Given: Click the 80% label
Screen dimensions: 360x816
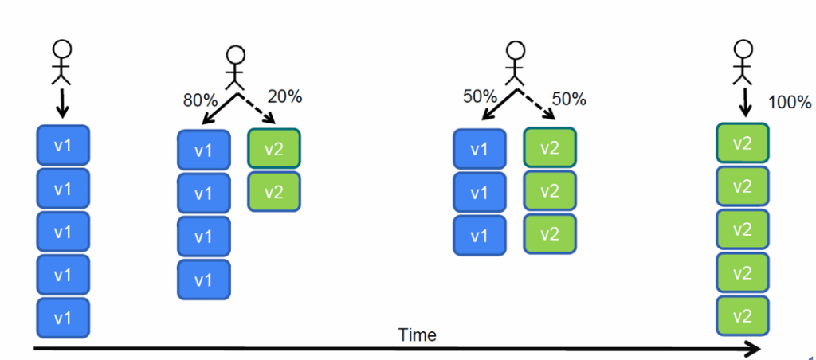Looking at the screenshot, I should pos(199,101).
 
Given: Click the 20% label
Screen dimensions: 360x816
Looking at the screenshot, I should pos(285,96).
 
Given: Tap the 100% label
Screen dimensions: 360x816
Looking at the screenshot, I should pos(790,102).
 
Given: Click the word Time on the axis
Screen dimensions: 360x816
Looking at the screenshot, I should pos(417,335).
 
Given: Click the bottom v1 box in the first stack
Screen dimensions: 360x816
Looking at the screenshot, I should pos(64,318).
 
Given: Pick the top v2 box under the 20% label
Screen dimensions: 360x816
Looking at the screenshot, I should pos(273,149).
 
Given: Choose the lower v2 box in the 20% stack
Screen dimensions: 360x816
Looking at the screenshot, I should pos(273,192).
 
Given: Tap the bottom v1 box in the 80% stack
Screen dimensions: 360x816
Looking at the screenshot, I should pos(203,280).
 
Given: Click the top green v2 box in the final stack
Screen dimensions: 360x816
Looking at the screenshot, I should pos(742,143).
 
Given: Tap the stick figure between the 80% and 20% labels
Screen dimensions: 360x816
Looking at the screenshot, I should pos(234,68).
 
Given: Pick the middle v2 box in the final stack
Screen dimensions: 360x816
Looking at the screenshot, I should pos(742,230).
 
